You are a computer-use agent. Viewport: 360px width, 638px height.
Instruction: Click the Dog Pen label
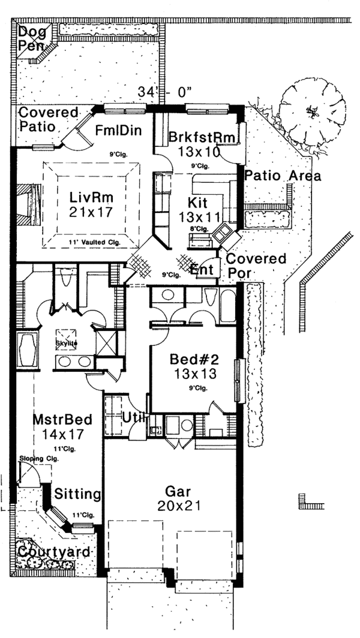[29, 37]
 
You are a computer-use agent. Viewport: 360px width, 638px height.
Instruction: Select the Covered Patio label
[49, 119]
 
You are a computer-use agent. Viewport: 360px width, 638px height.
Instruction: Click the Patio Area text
[282, 176]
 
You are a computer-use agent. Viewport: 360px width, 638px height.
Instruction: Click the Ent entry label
[202, 270]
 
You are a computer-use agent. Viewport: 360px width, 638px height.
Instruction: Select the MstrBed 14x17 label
[58, 426]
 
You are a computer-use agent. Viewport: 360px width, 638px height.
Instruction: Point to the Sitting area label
[77, 494]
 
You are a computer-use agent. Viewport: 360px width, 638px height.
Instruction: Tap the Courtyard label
[53, 552]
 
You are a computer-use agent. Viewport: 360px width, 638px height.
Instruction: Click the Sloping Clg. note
[35, 458]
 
